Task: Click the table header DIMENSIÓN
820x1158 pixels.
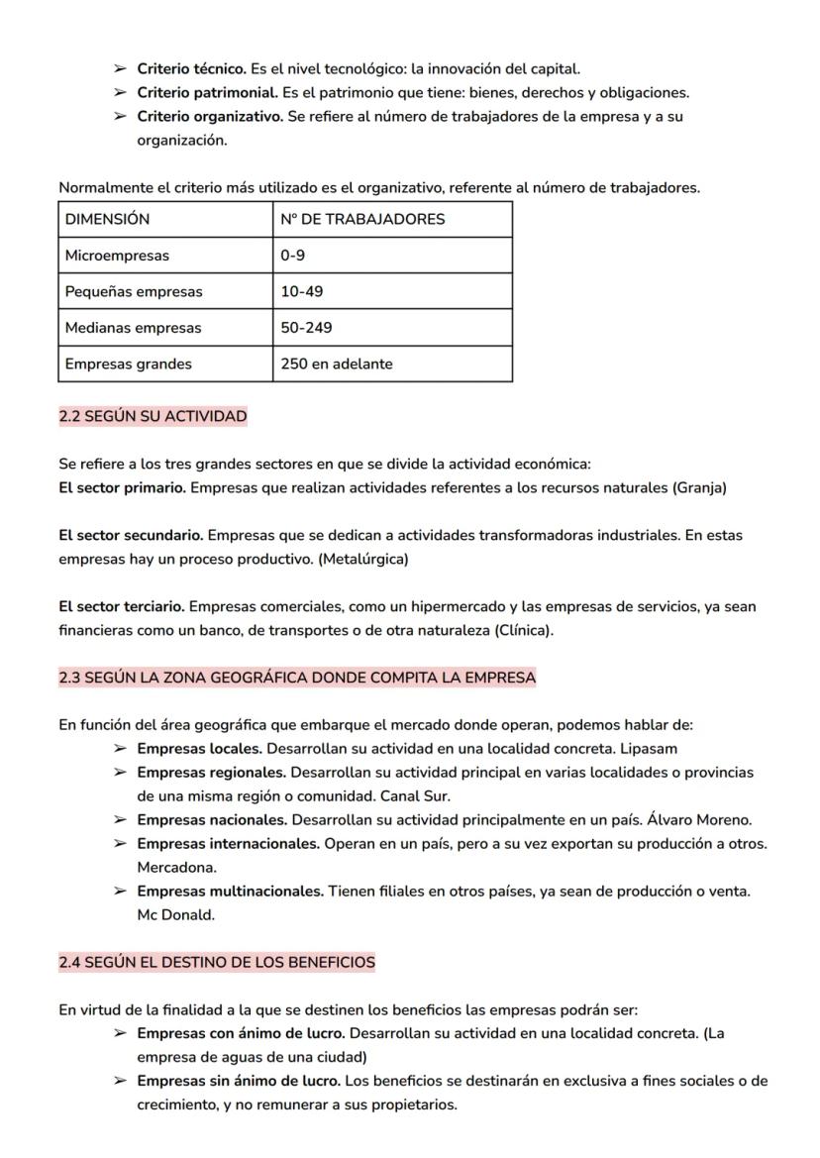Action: tap(107, 220)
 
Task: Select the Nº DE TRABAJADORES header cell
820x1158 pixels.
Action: tap(362, 220)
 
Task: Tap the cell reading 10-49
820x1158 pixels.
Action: tap(301, 292)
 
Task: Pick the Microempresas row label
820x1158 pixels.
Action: tap(117, 256)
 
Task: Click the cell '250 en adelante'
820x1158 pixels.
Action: tap(336, 364)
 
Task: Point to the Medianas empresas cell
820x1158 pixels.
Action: tap(133, 328)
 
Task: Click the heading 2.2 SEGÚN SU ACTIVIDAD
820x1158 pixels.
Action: tap(153, 416)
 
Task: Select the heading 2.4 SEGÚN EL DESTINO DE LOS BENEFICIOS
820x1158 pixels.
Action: tap(217, 962)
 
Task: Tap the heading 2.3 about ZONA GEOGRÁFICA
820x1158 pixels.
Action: tap(296, 678)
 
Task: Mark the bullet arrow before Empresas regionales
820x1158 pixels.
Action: tap(120, 773)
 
